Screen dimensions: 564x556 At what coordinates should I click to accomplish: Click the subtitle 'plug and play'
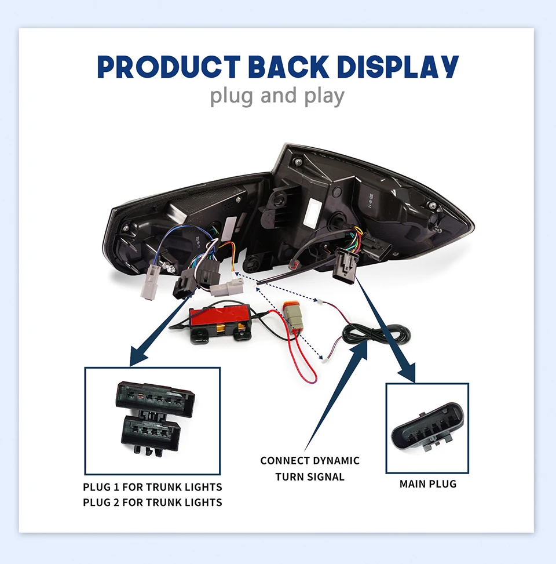[x=277, y=96]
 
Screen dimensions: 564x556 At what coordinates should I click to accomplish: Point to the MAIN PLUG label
[x=427, y=483]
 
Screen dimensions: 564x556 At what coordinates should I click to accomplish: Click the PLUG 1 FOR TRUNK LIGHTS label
[x=152, y=487]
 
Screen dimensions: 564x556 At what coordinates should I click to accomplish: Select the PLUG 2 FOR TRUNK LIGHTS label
[x=152, y=502]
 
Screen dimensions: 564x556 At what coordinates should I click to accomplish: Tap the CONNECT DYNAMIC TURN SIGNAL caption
[x=310, y=468]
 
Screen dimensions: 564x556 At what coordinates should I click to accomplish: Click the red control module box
[x=221, y=319]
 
